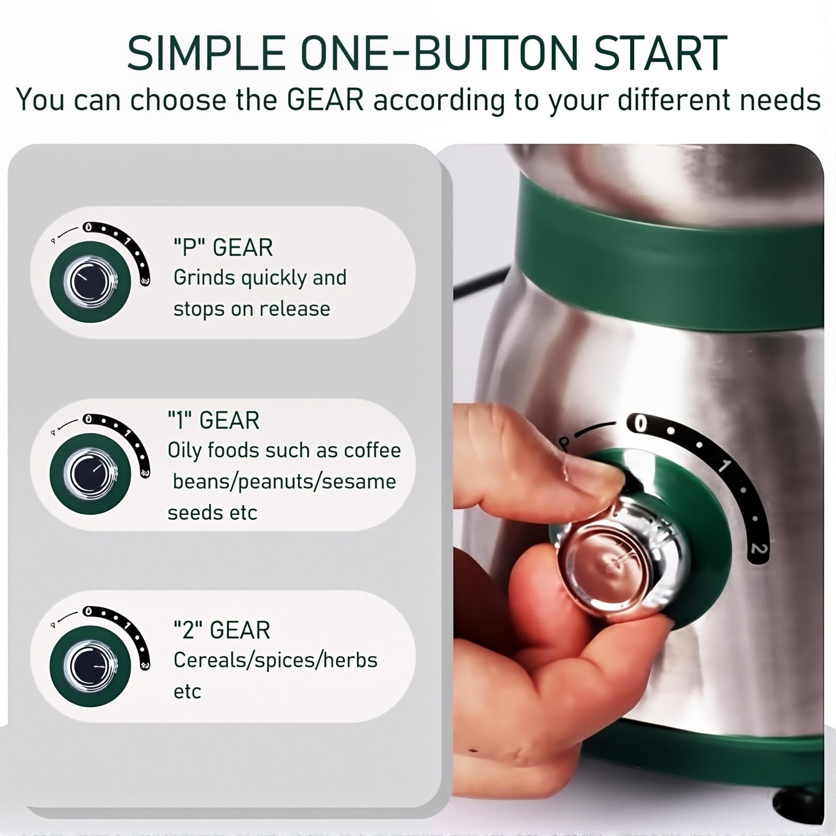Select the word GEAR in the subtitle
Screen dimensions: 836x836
(x=326, y=100)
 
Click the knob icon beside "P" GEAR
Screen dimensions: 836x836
(x=91, y=282)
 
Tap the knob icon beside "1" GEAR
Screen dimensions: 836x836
(x=91, y=474)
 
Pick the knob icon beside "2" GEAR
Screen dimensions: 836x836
(x=91, y=666)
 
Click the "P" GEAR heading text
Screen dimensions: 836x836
(x=223, y=247)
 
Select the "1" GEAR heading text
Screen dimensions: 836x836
(x=213, y=420)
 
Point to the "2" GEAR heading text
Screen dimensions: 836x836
(x=222, y=630)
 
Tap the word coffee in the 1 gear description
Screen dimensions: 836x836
(x=372, y=450)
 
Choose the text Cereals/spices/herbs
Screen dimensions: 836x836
(x=275, y=661)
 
